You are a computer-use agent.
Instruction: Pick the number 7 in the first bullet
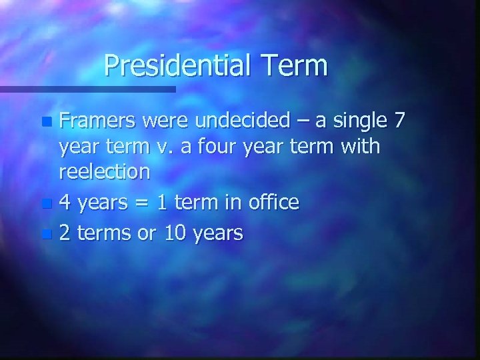(399, 121)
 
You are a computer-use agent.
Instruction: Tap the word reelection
(105, 172)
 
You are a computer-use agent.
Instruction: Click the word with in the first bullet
(359, 147)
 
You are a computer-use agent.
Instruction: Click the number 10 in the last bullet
(181, 233)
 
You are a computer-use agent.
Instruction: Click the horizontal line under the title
(87, 88)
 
